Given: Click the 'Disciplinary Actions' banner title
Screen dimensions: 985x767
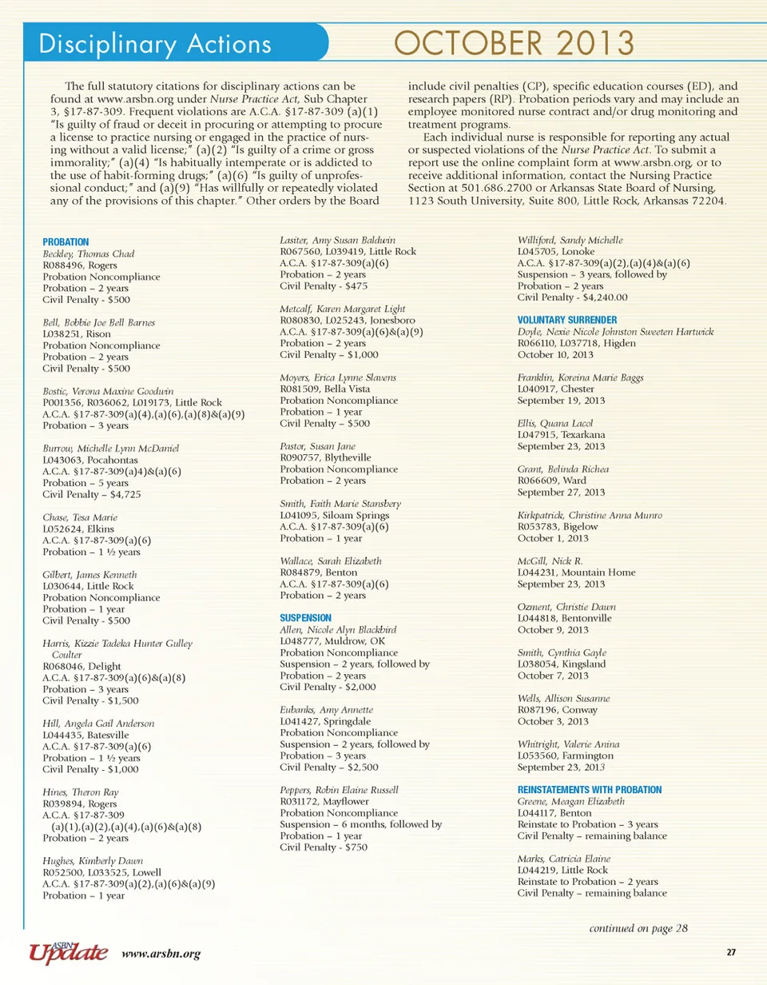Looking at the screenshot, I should coord(156,44).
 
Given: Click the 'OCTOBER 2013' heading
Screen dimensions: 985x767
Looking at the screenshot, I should coord(515,42).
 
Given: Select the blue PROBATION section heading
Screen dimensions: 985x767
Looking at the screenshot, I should coord(65,241).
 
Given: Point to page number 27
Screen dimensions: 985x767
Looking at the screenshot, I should coord(730,952).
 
